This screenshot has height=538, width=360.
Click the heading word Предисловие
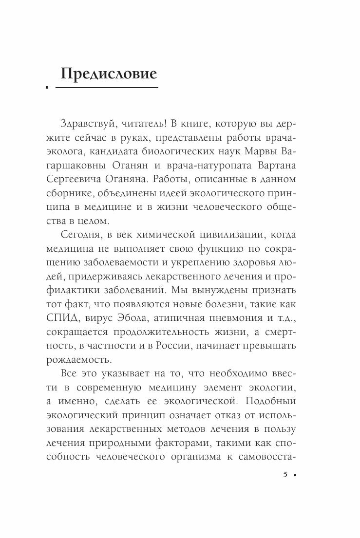pos(109,74)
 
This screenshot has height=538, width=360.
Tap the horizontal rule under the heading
pos(107,88)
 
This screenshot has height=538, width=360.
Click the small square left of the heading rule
pos(47,88)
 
